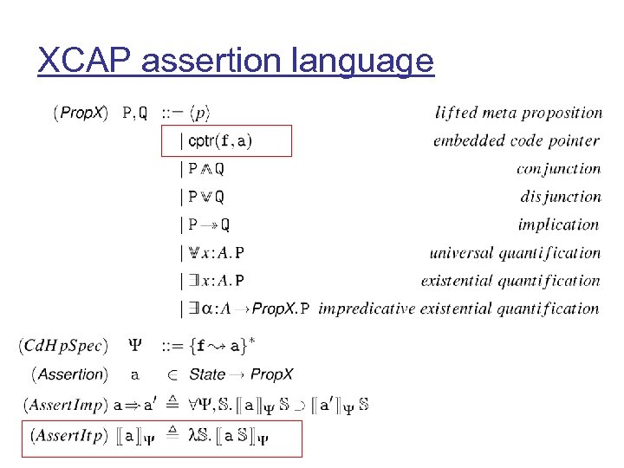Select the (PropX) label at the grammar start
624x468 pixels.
click(x=81, y=113)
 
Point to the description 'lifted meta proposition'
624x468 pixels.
click(x=518, y=113)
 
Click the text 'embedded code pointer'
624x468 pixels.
click(x=516, y=140)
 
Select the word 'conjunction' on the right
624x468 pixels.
click(x=557, y=169)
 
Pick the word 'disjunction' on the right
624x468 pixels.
click(x=560, y=197)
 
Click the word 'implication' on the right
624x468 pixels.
click(x=558, y=224)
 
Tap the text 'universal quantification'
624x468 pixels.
click(x=515, y=253)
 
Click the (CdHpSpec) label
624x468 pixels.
click(x=63, y=346)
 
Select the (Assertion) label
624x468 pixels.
click(x=69, y=374)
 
